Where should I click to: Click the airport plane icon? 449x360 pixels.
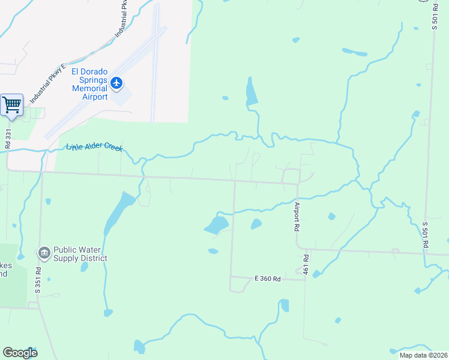coord(116,82)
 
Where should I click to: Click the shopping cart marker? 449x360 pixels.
coord(11,106)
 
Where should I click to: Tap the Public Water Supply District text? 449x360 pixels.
coord(80,254)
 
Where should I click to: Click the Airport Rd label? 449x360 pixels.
coord(297,217)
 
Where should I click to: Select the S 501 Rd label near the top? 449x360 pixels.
coord(435,16)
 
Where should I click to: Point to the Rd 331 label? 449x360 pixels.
coord(8,137)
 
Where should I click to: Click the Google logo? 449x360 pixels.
coord(20,353)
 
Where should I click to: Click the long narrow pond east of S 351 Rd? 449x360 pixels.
coord(118,212)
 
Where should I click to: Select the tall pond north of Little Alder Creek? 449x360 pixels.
coord(252,92)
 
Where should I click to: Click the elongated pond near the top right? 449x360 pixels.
coord(354,52)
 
